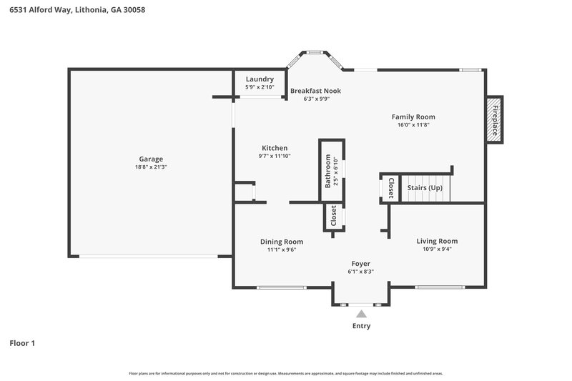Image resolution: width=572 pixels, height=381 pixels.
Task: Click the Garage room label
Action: click(151, 159)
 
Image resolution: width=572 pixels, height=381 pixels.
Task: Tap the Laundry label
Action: click(260, 79)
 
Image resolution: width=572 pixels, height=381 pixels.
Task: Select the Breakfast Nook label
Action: click(315, 91)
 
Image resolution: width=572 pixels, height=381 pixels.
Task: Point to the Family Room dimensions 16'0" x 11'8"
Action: click(413, 124)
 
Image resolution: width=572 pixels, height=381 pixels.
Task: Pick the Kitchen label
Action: click(275, 148)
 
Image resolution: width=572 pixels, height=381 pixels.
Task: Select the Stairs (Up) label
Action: click(425, 187)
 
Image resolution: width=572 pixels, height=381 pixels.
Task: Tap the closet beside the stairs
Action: click(390, 187)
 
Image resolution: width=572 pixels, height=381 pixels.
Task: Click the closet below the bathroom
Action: click(333, 216)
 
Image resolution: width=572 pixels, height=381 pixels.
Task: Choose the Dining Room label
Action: click(281, 242)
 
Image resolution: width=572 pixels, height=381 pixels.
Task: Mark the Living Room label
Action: click(437, 241)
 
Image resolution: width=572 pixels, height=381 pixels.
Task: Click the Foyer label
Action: click(360, 264)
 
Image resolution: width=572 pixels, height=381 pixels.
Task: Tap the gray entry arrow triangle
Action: click(362, 313)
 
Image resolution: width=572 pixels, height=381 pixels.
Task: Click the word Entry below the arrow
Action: click(361, 326)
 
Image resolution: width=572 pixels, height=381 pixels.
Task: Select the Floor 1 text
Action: click(22, 343)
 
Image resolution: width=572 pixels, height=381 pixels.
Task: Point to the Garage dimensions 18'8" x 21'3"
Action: click(151, 167)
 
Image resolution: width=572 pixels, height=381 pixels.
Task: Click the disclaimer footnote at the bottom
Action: click(286, 373)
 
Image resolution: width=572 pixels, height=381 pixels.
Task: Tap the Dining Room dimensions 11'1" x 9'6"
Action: click(281, 250)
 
